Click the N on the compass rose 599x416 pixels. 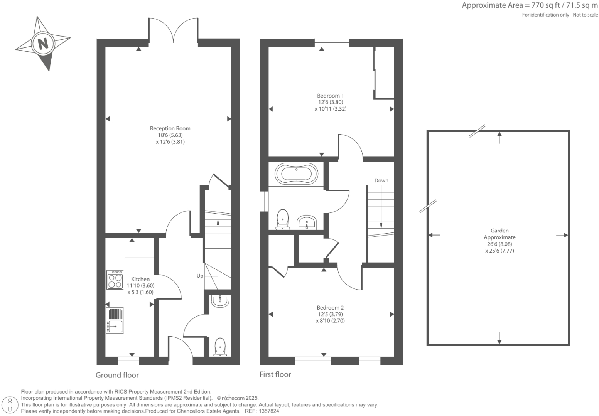pos(42,43)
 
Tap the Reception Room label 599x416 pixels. pos(170,128)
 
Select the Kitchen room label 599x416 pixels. pos(140,279)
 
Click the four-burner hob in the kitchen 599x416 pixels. pos(115,280)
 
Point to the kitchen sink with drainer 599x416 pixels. pos(115,320)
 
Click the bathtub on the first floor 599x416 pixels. pos(296,174)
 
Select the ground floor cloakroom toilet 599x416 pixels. pos(220,347)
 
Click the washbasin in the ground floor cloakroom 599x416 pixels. pos(220,301)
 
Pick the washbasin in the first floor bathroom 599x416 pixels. pos(307,222)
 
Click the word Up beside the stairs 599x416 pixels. pos(200,276)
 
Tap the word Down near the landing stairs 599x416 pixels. pos(381,180)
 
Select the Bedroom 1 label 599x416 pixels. pos(330,96)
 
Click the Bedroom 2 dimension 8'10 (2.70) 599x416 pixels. pos(330,320)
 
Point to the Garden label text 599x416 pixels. pos(499,231)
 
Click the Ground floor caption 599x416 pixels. pos(117,375)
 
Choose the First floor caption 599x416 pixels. pos(275,374)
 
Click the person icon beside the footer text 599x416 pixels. pos(10,404)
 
